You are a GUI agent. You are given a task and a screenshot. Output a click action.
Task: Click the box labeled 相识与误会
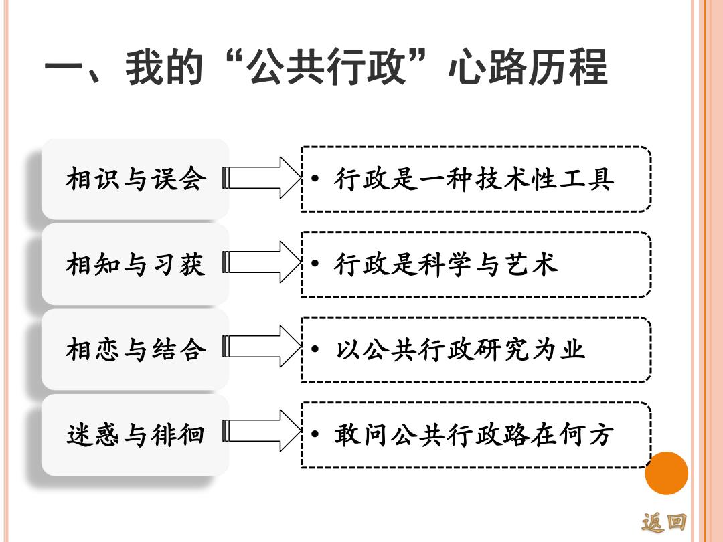click(135, 179)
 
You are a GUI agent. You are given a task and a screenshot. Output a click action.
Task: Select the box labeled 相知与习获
click(135, 264)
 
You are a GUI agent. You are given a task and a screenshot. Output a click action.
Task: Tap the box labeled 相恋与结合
click(135, 349)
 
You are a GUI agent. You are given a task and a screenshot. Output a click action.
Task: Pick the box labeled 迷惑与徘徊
click(135, 435)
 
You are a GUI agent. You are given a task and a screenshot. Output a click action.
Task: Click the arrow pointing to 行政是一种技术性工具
click(262, 178)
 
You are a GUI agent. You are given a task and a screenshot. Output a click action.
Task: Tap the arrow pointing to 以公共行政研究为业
click(262, 347)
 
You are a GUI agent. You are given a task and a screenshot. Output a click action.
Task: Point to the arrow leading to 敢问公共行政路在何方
click(262, 430)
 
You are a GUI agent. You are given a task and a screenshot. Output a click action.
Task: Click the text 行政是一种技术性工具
click(475, 179)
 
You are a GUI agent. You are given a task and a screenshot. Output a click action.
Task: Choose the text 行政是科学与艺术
click(447, 264)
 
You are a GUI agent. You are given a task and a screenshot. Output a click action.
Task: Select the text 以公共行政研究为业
click(460, 349)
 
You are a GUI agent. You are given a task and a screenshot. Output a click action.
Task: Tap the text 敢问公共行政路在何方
click(475, 435)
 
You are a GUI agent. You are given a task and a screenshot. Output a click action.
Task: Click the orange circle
click(666, 473)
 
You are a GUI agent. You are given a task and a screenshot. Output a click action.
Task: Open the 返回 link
click(664, 522)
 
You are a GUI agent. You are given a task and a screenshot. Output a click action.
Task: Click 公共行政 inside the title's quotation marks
click(326, 68)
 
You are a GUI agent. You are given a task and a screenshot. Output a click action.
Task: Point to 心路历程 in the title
click(528, 68)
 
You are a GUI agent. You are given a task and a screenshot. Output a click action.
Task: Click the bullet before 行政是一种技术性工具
click(315, 179)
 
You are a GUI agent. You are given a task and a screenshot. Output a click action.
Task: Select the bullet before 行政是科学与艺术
click(315, 264)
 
